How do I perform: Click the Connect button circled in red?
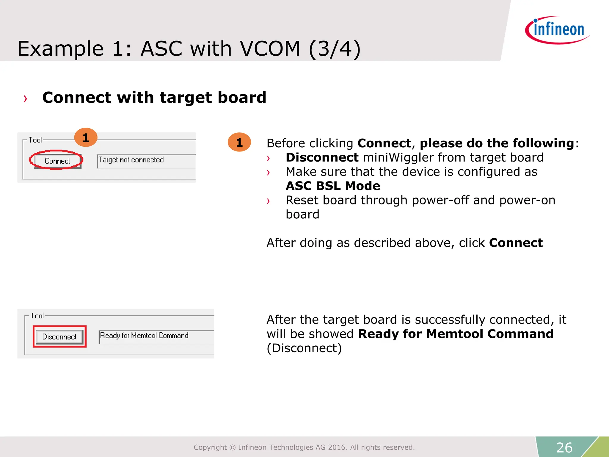(57, 161)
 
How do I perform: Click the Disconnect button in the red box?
(59, 337)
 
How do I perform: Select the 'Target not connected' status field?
(146, 160)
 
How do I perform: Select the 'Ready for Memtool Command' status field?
(156, 336)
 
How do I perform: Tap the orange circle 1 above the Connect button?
(86, 137)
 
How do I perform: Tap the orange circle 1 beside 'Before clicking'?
(239, 142)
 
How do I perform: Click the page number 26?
(564, 447)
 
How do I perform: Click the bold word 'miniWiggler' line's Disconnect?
(322, 157)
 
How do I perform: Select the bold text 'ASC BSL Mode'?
(333, 186)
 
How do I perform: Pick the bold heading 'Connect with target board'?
(154, 97)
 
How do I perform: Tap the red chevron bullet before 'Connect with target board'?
(26, 98)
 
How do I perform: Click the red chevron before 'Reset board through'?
(268, 201)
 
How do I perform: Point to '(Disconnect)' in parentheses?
(304, 348)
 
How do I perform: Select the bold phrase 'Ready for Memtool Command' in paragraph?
(456, 334)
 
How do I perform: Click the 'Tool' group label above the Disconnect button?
(37, 316)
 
